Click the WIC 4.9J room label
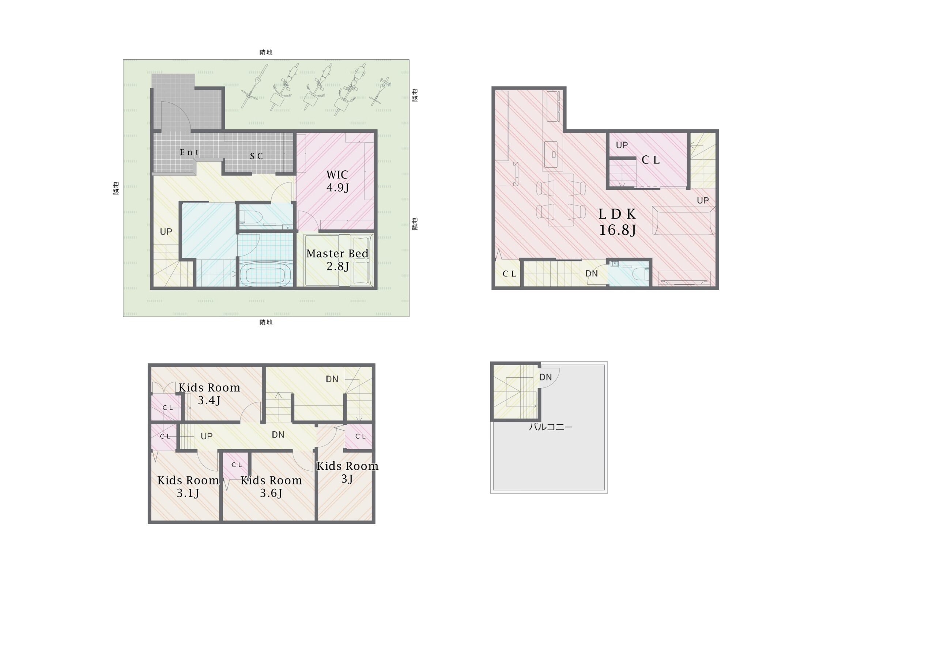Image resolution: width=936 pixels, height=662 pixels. click(337, 181)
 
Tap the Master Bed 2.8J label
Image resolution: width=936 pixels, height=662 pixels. click(337, 260)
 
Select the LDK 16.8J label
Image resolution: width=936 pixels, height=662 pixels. click(617, 222)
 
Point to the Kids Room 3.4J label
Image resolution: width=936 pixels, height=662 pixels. click(209, 394)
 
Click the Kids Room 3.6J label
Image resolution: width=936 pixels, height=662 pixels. click(271, 486)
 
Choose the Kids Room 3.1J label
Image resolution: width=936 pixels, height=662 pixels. click(188, 486)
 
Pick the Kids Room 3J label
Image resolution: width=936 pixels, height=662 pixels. click(347, 472)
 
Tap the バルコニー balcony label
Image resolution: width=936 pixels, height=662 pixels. click(551, 427)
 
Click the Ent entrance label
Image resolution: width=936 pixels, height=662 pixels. click(189, 152)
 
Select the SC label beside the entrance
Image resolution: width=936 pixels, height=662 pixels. click(256, 156)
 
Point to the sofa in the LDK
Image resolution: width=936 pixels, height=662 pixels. click(683, 220)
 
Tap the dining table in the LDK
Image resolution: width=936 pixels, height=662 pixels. click(561, 200)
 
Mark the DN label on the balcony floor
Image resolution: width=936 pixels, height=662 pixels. click(546, 378)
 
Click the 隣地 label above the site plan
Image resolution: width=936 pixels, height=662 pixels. click(266, 52)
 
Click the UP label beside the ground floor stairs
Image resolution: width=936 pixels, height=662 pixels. click(166, 231)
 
